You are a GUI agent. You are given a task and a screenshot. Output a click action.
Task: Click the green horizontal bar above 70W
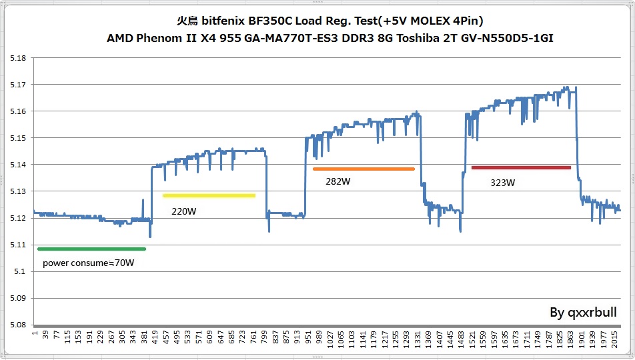tap(91, 249)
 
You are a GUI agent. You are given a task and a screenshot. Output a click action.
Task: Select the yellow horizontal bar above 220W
tap(209, 196)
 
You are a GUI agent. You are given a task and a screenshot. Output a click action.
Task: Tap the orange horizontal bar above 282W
tap(364, 169)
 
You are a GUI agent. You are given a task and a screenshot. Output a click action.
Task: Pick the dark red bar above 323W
tap(521, 167)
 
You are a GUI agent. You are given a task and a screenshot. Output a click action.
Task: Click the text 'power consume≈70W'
tap(88, 263)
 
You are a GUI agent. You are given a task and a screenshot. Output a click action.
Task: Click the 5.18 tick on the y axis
tap(17, 58)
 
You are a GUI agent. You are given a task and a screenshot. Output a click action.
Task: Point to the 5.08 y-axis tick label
tap(17, 325)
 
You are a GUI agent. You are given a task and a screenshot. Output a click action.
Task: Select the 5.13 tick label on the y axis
tap(17, 191)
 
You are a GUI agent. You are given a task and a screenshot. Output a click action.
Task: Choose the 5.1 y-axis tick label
tap(19, 271)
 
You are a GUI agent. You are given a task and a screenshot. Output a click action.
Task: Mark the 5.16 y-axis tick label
tap(17, 111)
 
